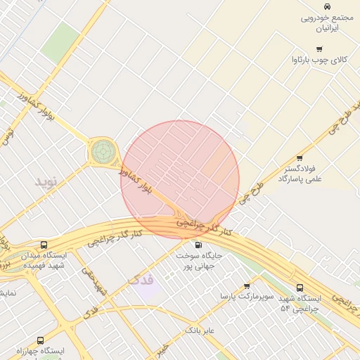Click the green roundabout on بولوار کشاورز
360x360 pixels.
point(103,150)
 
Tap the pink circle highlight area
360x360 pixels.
point(180,179)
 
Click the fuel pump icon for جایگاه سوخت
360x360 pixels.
point(198,245)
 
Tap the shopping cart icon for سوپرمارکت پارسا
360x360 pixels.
point(246,286)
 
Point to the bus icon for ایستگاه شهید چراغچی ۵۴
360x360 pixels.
point(300,288)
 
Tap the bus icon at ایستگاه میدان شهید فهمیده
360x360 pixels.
point(44,245)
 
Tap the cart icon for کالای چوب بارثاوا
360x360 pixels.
point(319,49)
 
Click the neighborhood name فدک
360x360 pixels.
point(141,279)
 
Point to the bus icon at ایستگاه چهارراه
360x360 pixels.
point(39,340)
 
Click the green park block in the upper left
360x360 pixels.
point(60,42)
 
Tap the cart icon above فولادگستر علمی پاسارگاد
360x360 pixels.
point(300,158)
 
